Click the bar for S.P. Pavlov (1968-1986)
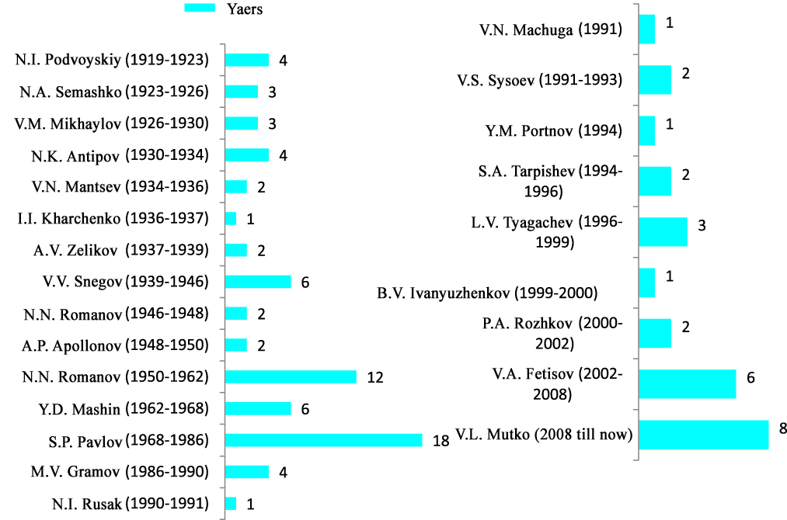323,440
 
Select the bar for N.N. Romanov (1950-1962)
291,376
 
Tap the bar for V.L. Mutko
704,435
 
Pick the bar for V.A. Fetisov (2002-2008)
688,383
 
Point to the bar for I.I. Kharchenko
231,219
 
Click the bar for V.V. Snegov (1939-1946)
258,282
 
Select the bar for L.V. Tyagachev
663,231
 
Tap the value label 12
375,377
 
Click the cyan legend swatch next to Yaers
199,8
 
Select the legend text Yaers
245,9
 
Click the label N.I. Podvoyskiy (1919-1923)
112,60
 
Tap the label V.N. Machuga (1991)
550,30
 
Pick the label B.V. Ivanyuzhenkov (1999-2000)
487,293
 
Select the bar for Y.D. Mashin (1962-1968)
258,408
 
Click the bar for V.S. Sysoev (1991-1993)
655,79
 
